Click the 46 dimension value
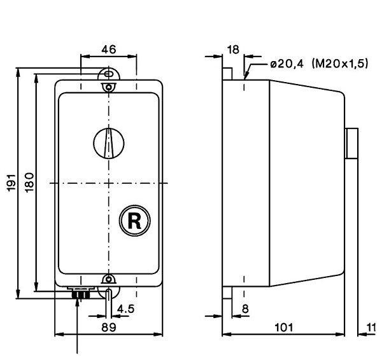[x=109, y=50]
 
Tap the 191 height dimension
[x=11, y=183]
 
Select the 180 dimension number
[x=30, y=183]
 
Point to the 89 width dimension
[x=109, y=327]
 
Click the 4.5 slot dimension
[x=125, y=309]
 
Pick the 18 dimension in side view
[x=233, y=50]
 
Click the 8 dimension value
[x=245, y=309]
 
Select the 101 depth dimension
[x=284, y=328]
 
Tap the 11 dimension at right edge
[x=372, y=328]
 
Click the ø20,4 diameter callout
[x=287, y=64]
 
